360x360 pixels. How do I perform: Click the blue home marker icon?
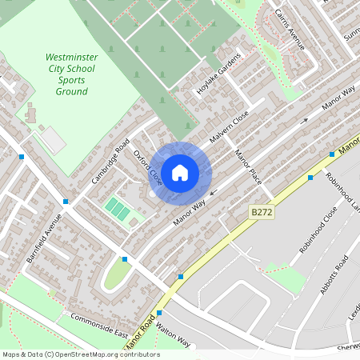pos(180,173)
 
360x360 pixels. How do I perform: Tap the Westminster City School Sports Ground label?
pos(71,74)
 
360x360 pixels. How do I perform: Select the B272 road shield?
pos(259,213)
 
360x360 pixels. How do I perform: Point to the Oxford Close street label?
pos(147,167)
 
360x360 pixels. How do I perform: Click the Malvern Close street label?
pos(230,128)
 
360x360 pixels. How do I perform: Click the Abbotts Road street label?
pos(334,275)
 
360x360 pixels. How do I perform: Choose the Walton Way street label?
pos(174,335)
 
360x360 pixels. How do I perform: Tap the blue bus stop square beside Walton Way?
pos(159,313)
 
